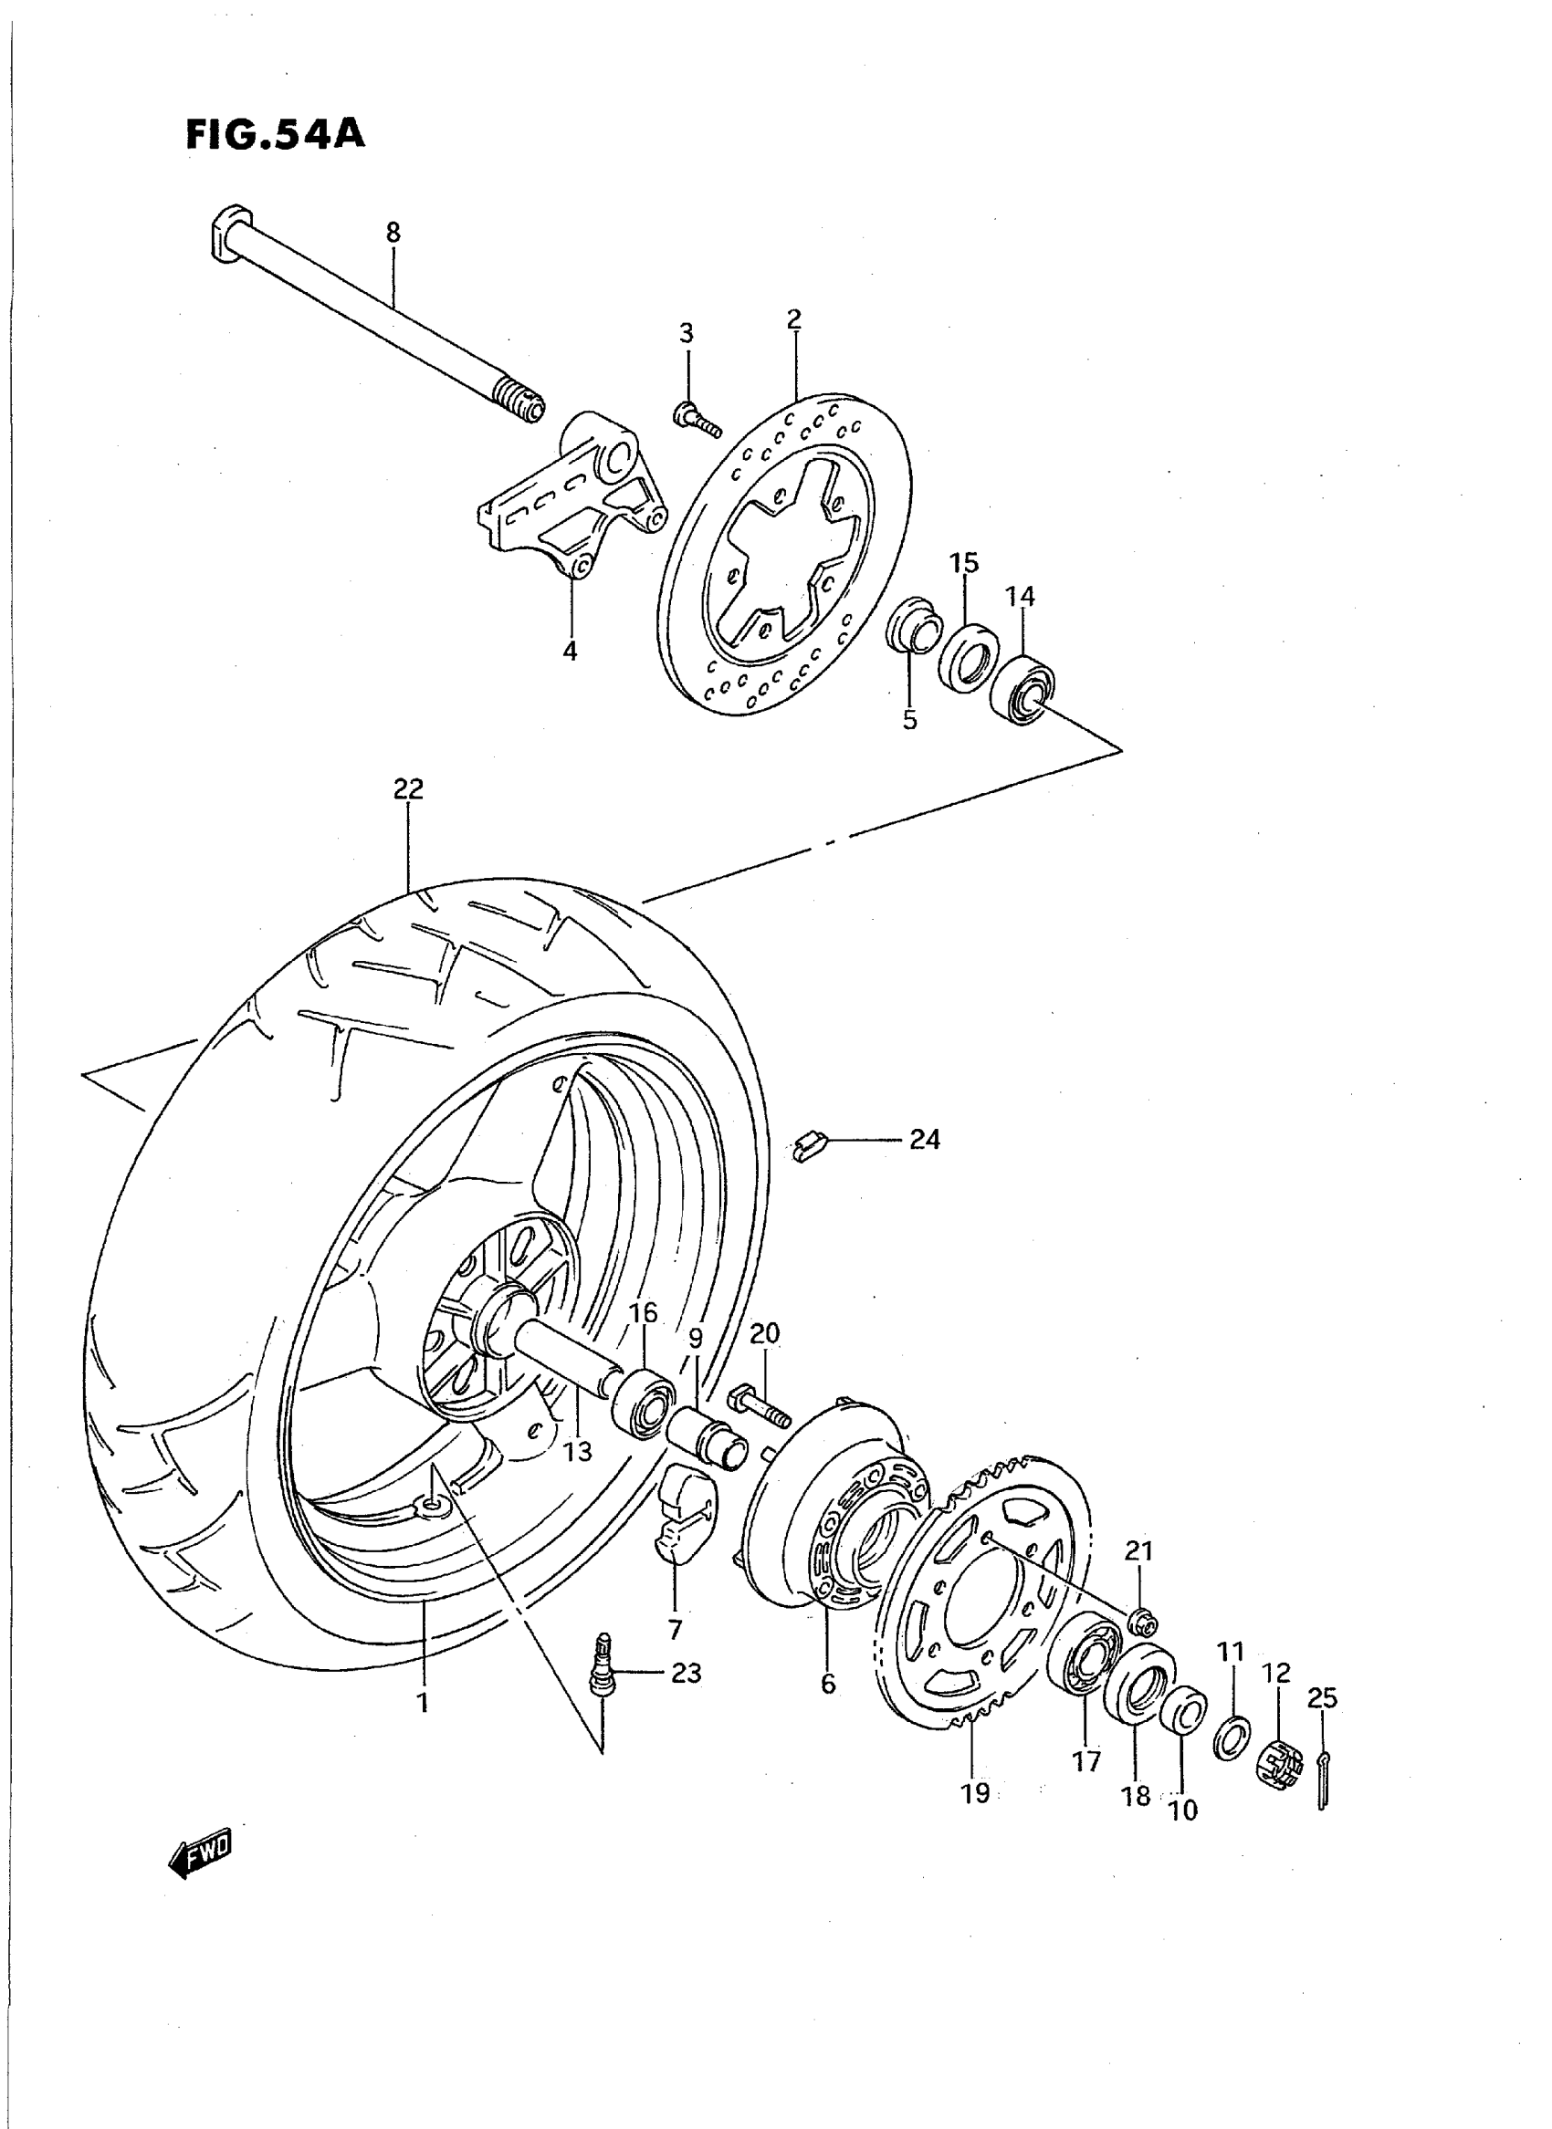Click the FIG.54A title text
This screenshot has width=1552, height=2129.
pyautogui.click(x=274, y=134)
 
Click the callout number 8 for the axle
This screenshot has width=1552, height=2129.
pyautogui.click(x=393, y=232)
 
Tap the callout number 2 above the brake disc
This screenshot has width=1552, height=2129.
pyautogui.click(x=794, y=319)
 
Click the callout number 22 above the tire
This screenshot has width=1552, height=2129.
pyautogui.click(x=409, y=789)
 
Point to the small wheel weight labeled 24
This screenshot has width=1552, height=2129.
pyautogui.click(x=807, y=1147)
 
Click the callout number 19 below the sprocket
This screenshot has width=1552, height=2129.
pyautogui.click(x=975, y=1793)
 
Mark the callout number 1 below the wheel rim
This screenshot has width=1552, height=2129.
pyautogui.click(x=423, y=1703)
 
